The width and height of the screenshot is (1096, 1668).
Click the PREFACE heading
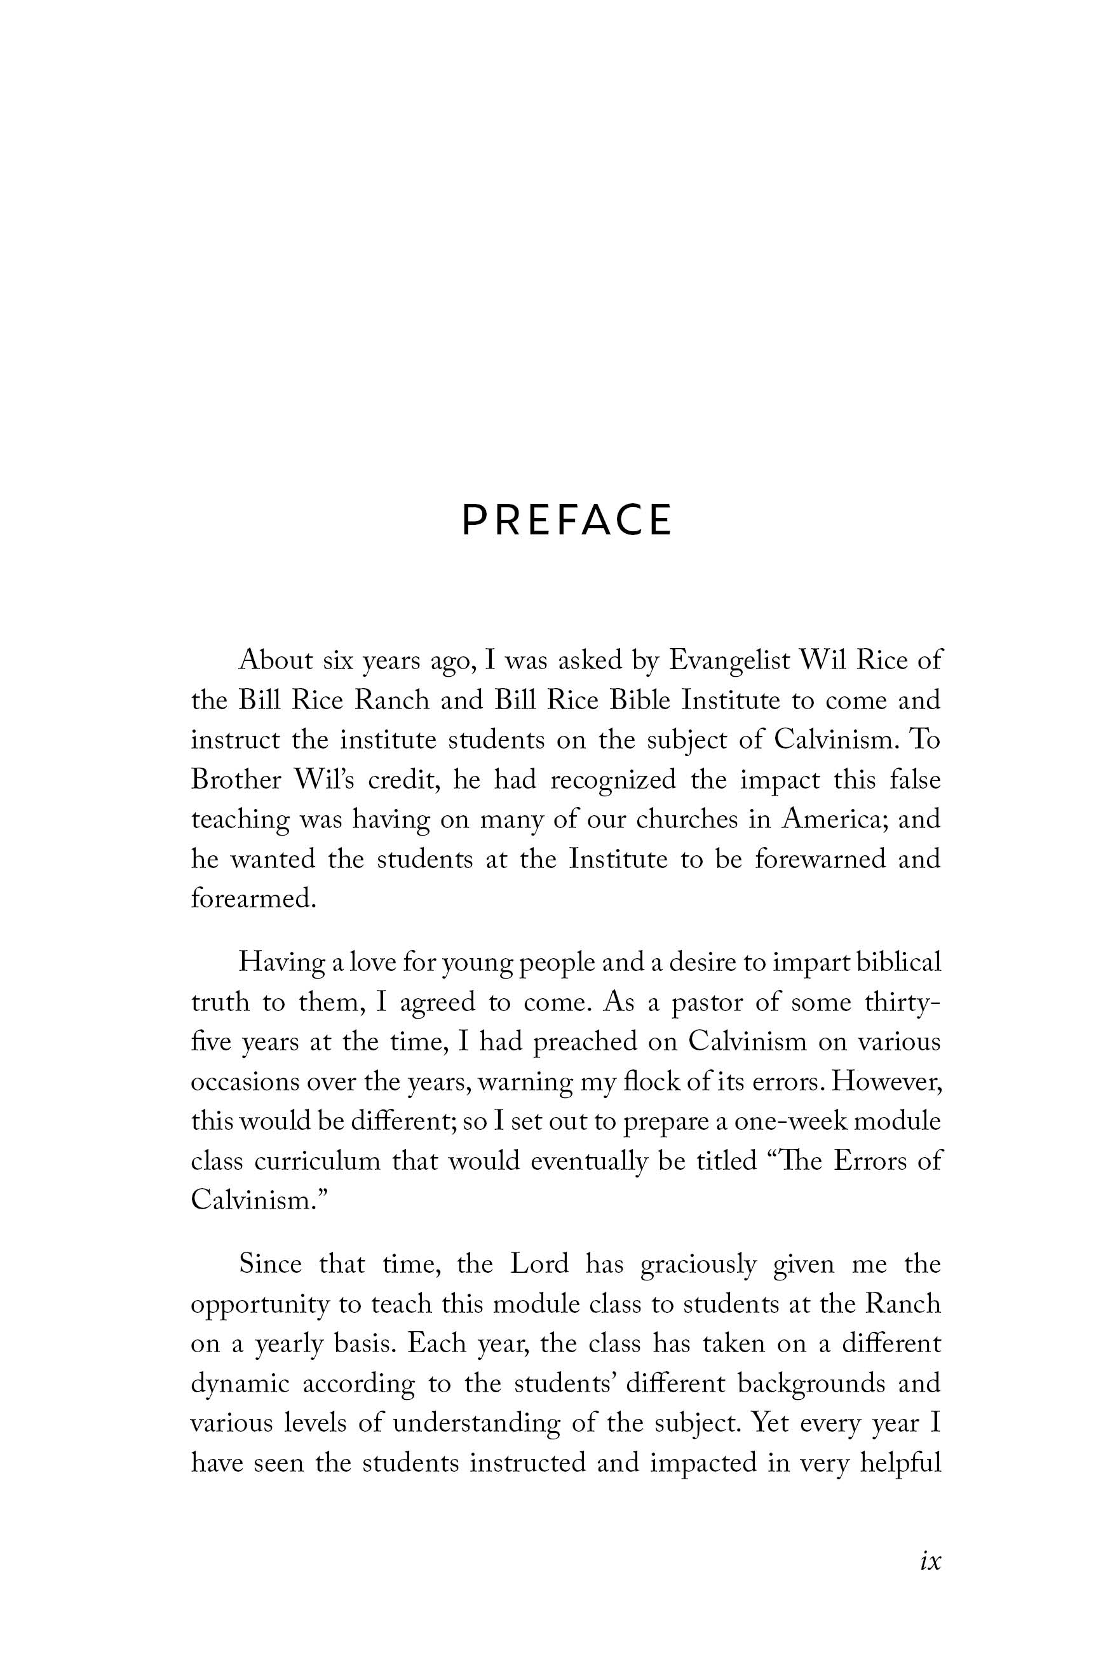tap(566, 520)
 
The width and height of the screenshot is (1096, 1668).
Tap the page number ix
tap(930, 1560)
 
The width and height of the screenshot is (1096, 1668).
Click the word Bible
tap(640, 700)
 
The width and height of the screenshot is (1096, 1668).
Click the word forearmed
tap(254, 898)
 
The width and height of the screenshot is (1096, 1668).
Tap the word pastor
tap(707, 1002)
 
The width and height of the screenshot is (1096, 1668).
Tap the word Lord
tap(539, 1264)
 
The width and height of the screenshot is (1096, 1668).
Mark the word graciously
tap(699, 1265)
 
